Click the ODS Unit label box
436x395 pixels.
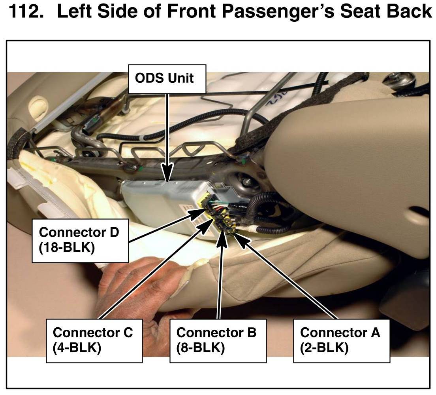pyautogui.click(x=167, y=79)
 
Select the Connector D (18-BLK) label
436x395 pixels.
pyautogui.click(x=80, y=241)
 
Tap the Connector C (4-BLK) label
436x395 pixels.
pyautogui.click(x=94, y=341)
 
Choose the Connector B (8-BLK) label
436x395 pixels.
pyautogui.click(x=218, y=341)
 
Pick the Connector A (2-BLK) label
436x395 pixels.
pyautogui.click(x=342, y=341)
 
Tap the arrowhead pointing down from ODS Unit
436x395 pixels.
pyautogui.click(x=167, y=173)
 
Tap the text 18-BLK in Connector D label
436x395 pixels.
pyautogui.click(x=67, y=248)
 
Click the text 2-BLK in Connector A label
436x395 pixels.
pyautogui.click(x=324, y=348)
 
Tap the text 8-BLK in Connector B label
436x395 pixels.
pyautogui.click(x=201, y=348)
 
